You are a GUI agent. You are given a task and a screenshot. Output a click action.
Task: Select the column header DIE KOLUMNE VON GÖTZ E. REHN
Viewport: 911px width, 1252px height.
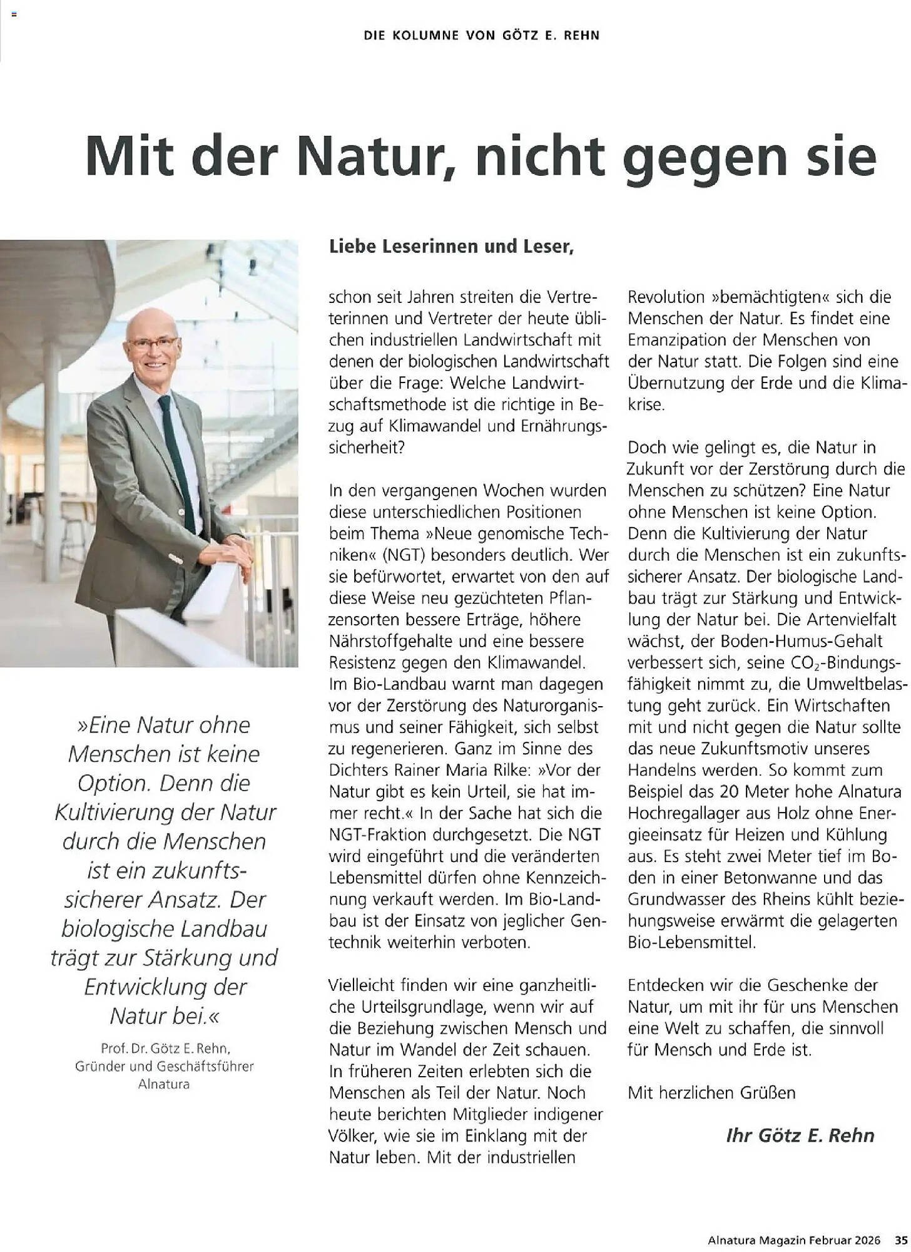click(x=482, y=36)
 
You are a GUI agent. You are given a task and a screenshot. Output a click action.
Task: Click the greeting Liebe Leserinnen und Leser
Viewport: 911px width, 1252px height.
click(x=451, y=247)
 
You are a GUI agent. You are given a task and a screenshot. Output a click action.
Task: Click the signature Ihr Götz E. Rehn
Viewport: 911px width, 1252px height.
click(x=800, y=1136)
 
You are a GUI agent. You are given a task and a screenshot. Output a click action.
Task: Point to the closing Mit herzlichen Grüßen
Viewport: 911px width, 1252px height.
click(x=711, y=1093)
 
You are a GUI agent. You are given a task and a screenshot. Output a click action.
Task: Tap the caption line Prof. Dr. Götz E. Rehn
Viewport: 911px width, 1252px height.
click(x=165, y=1048)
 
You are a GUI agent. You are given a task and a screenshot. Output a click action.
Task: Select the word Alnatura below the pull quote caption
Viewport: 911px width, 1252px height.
click(x=164, y=1084)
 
